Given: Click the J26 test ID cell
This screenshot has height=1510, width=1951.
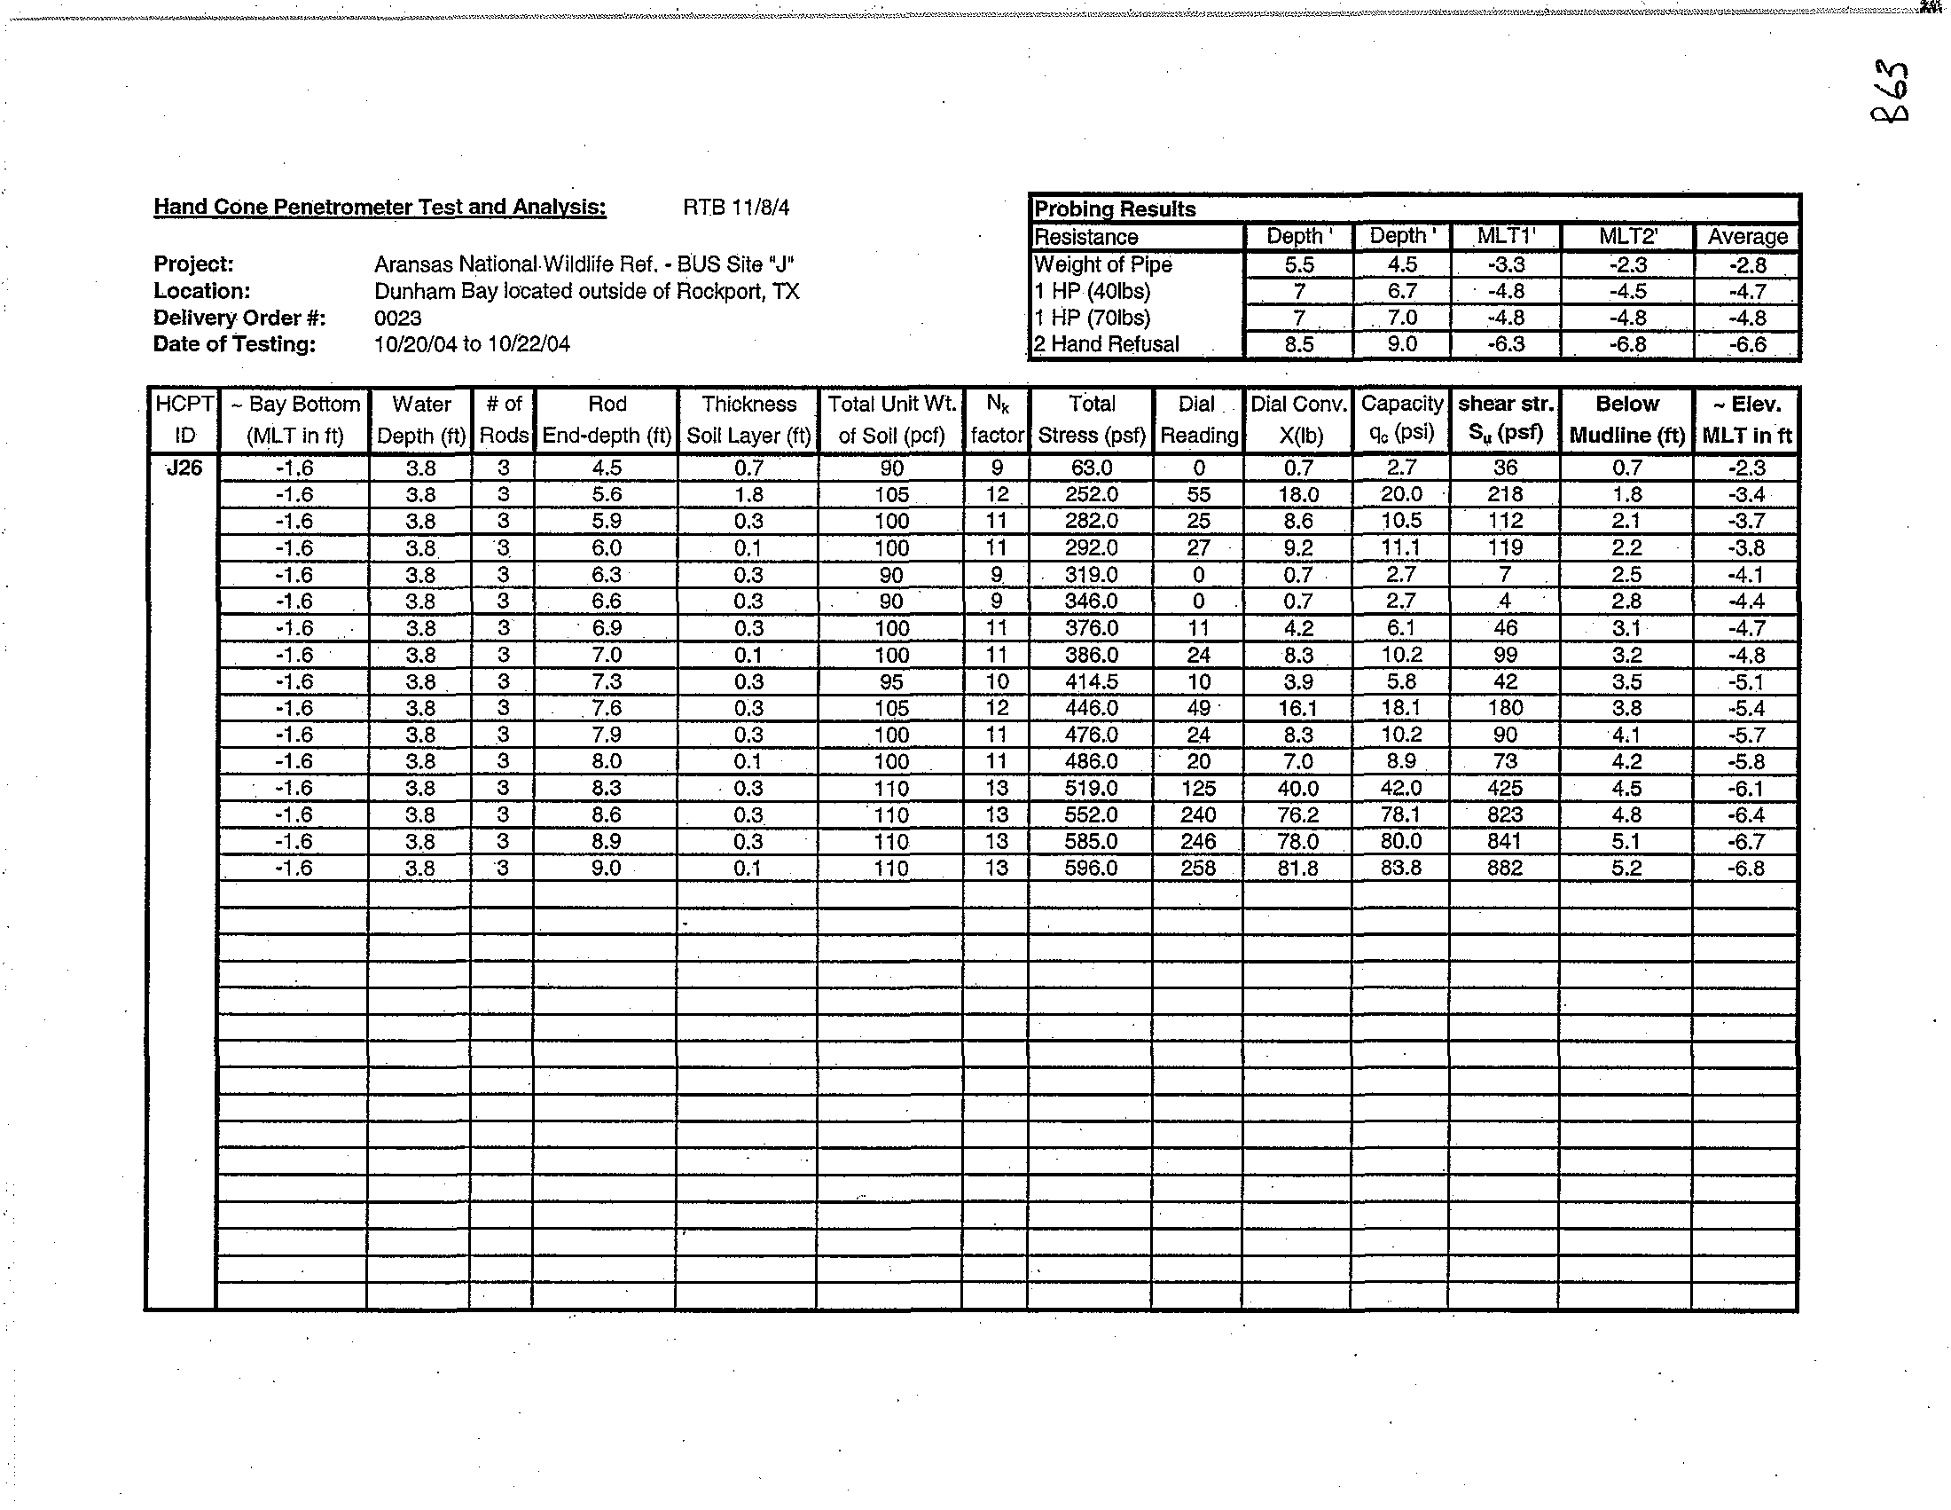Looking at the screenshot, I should [x=184, y=468].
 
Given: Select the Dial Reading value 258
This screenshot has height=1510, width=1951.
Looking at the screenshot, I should [x=1198, y=868].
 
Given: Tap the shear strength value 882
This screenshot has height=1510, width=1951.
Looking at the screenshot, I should [x=1504, y=868].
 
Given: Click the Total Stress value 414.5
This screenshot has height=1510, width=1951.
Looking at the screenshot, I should [x=1091, y=681].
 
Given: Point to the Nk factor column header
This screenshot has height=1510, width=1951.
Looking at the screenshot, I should [x=997, y=419].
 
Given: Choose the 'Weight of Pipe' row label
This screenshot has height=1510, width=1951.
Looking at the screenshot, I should [x=1102, y=264].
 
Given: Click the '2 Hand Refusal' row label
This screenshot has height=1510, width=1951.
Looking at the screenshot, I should [x=1106, y=344].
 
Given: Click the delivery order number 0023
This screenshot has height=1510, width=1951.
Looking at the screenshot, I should [x=397, y=319].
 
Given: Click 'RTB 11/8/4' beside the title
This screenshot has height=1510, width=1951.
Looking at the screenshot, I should [x=736, y=208].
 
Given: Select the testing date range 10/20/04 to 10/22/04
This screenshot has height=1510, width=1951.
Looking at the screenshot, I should [x=472, y=344].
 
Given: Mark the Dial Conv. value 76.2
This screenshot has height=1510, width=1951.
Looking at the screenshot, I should [x=1298, y=814].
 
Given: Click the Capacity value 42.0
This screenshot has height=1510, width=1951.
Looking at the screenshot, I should [x=1400, y=788].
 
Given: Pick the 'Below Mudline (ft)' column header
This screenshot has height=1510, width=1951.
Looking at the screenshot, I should [x=1626, y=419].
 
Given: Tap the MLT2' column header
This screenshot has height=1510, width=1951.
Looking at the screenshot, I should [x=1628, y=237].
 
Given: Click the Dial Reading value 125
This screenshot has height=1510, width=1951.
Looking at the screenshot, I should [x=1198, y=788].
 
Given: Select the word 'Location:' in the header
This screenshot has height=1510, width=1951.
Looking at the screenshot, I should [x=202, y=291].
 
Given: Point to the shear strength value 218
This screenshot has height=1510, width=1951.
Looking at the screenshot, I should [x=1504, y=494].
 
